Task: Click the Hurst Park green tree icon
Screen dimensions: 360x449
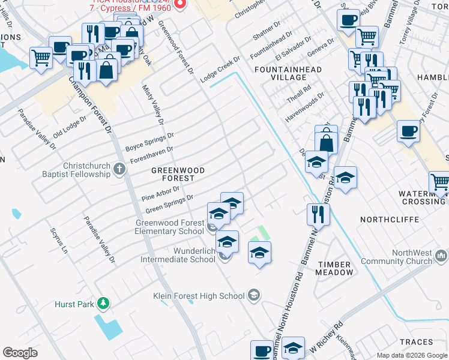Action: [104, 304]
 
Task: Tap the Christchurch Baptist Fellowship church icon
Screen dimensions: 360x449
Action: [119, 170]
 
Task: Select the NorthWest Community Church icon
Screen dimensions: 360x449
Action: [441, 257]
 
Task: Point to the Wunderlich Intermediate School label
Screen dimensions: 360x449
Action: [178, 255]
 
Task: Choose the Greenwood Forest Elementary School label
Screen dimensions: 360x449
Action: [169, 227]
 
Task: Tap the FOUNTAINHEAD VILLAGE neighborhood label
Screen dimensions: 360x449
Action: [288, 74]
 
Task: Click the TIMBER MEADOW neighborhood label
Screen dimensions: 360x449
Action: [336, 268]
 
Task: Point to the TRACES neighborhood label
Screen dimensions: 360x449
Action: [417, 341]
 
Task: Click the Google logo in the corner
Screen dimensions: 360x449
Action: [20, 352]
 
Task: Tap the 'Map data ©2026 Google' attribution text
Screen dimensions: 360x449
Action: [411, 355]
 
